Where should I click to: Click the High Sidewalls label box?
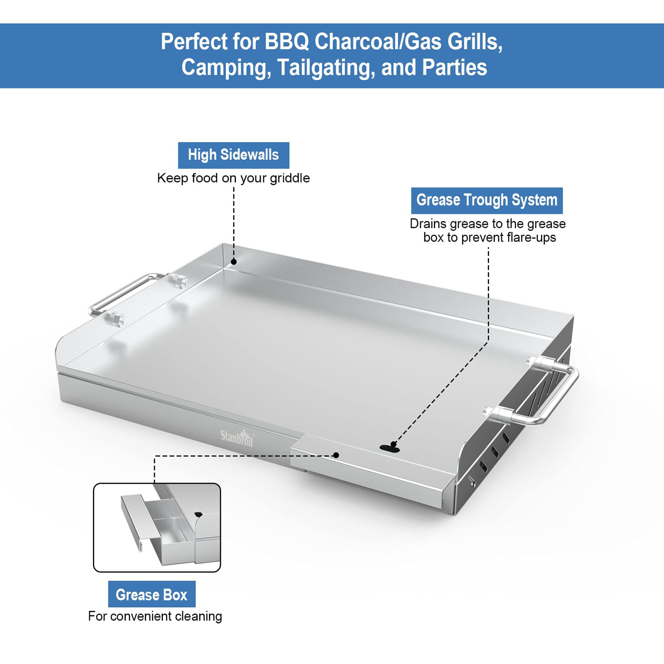233,155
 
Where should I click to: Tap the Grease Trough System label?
487,201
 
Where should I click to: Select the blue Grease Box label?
152,594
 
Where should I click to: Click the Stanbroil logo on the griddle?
237,437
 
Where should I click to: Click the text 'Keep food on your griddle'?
233,178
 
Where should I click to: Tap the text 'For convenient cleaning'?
155,616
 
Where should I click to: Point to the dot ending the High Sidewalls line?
234,262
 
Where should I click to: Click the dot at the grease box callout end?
336,455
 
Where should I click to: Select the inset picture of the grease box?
157,528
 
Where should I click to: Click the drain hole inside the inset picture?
198,514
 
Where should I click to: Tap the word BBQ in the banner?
286,42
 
